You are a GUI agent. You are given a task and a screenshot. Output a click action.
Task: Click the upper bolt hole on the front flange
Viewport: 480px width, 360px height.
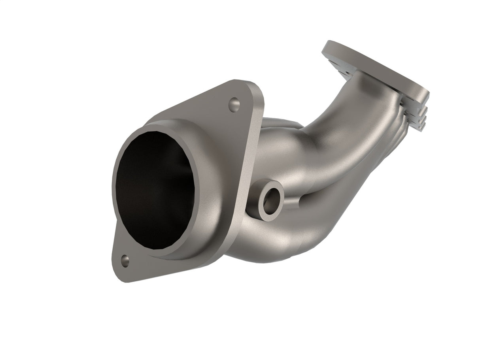click(234, 104)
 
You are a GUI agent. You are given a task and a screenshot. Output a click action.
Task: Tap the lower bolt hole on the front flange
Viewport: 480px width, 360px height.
click(125, 260)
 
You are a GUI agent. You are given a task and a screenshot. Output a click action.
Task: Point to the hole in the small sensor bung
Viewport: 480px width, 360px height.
click(270, 201)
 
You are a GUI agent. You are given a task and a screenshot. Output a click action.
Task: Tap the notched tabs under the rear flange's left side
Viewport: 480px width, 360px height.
click(340, 69)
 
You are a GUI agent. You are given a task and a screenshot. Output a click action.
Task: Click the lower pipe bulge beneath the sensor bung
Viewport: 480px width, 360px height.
click(269, 241)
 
